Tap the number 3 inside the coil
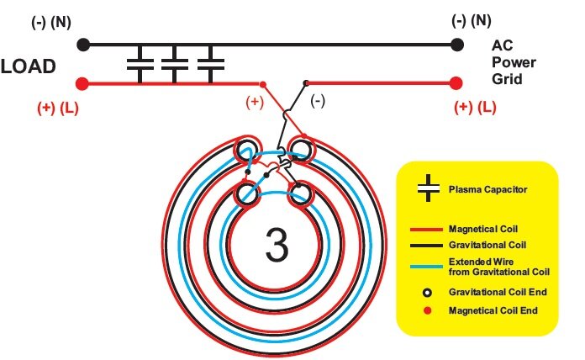coord(277,244)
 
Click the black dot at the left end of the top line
coord(82,45)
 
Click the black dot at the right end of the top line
coord(456,45)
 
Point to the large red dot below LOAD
coord(82,83)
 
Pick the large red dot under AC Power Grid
coord(456,83)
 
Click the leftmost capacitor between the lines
coord(138,64)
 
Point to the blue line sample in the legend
coord(429,266)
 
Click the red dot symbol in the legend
coord(428,310)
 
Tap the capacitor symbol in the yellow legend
coord(429,189)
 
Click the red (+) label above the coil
coord(255,102)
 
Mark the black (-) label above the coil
coord(319,100)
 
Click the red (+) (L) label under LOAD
coord(55,108)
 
